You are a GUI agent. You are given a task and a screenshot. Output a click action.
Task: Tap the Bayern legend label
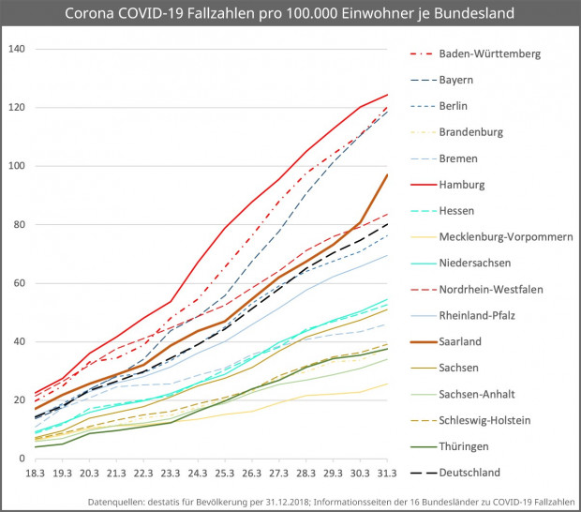(x=457, y=80)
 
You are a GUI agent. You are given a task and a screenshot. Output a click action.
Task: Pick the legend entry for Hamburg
(x=463, y=184)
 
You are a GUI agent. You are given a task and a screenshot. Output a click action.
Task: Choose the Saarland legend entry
(x=462, y=341)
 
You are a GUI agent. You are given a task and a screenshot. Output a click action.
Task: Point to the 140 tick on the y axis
(x=17, y=50)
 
